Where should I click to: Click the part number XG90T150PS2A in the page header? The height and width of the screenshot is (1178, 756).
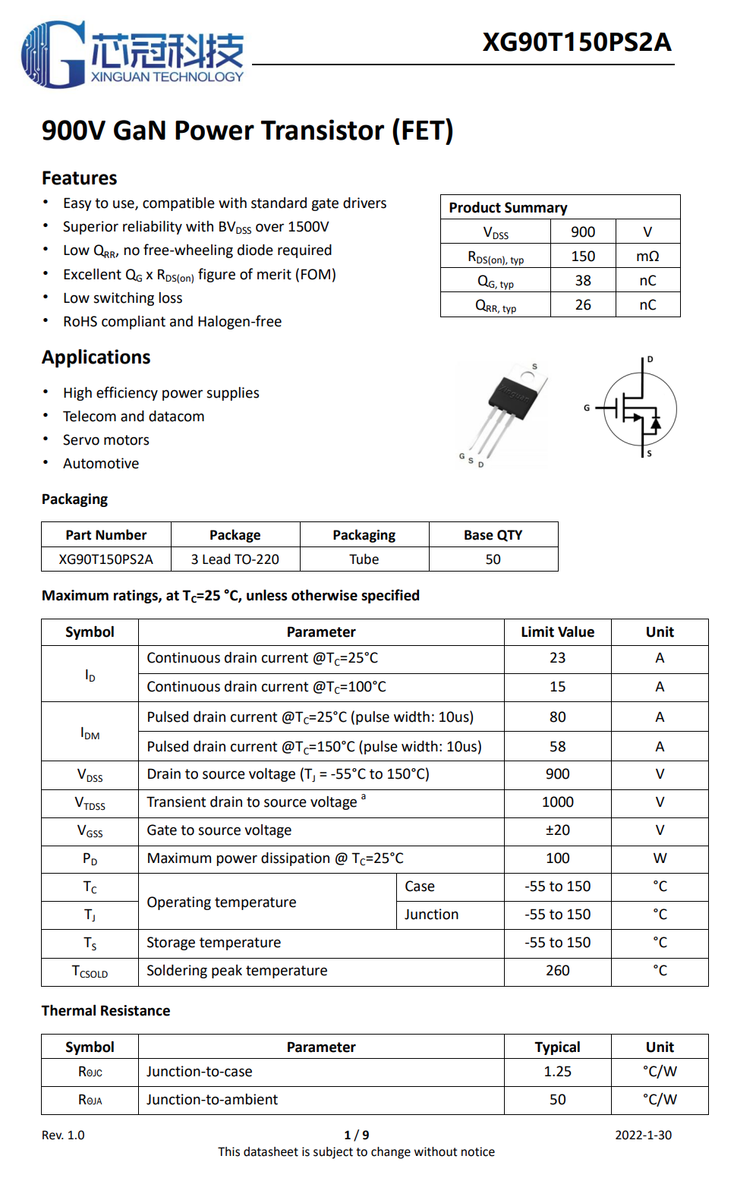point(577,42)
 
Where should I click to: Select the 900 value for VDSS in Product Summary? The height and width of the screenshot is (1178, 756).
point(583,232)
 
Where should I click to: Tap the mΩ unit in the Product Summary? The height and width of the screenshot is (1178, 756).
point(647,257)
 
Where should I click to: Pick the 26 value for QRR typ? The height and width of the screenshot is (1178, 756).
point(583,305)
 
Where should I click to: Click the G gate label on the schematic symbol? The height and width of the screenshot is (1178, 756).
point(587,408)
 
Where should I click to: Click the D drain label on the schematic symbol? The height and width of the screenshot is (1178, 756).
point(650,359)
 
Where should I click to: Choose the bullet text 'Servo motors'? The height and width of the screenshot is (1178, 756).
point(106,440)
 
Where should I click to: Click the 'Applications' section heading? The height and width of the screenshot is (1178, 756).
point(96,357)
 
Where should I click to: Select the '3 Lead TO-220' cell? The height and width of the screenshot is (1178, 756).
point(235,559)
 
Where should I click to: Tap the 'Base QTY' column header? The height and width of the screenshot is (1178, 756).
point(493,535)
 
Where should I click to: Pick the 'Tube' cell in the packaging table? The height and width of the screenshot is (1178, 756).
point(364,559)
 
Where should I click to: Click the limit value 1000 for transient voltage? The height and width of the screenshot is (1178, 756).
point(558,802)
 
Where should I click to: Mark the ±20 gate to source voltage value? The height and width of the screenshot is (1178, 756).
point(558,830)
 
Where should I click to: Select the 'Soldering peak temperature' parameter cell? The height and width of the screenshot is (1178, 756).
point(238,971)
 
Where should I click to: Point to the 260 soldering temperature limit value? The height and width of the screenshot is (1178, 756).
point(558,971)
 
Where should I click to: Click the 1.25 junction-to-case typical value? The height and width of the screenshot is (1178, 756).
point(558,1072)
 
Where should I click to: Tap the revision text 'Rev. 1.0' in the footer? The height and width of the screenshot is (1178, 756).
point(63,1135)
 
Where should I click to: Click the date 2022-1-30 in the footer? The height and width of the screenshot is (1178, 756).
point(643,1135)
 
